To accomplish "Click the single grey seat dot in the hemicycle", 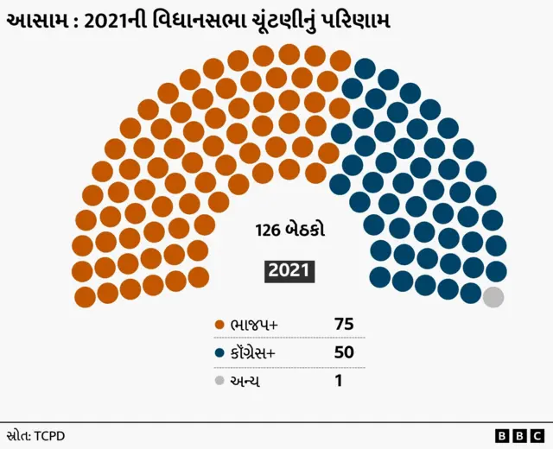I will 493,297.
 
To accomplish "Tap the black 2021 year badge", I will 289,271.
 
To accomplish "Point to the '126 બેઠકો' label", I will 289,231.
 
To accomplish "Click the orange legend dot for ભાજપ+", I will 219,326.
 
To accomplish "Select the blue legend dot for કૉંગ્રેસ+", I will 219,353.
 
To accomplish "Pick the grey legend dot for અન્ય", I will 219,381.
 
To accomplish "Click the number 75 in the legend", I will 344,325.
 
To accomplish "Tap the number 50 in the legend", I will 344,352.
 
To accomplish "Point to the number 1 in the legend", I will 338,380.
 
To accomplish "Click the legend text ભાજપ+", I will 254,326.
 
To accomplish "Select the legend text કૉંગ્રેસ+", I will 260,353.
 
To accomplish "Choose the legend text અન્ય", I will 245,381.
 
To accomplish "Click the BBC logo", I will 519,435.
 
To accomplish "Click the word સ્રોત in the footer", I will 17,435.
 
